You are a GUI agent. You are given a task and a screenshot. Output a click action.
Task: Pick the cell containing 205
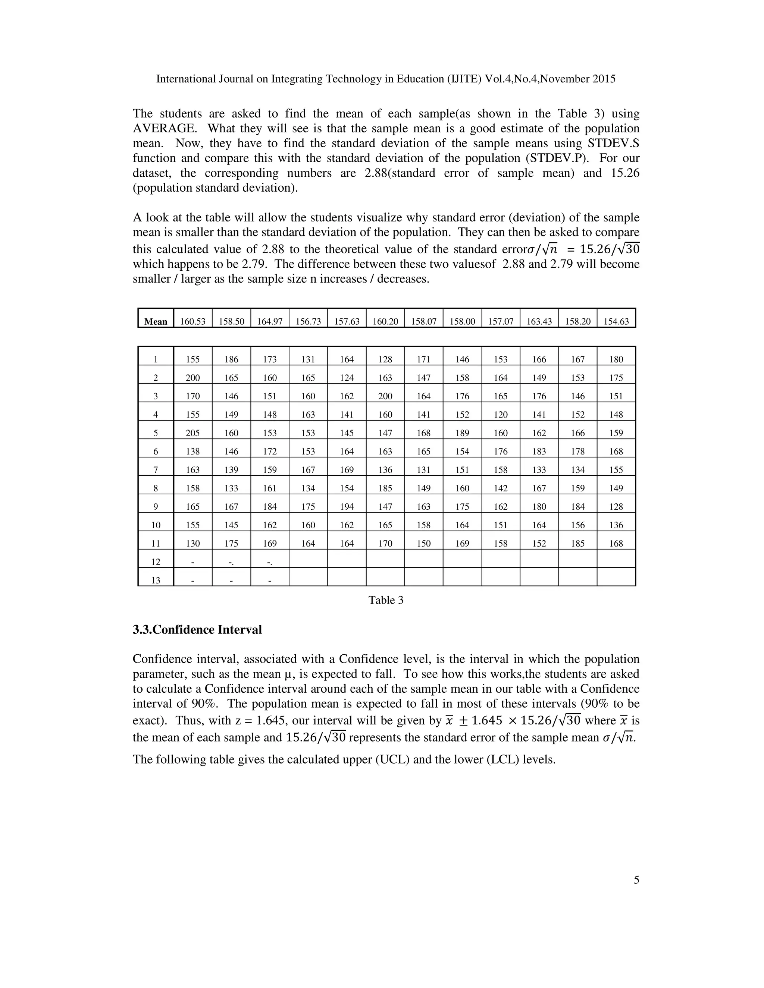(193, 433)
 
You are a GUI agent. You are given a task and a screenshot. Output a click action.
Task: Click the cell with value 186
(231, 359)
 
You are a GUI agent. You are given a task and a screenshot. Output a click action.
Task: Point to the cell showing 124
(347, 378)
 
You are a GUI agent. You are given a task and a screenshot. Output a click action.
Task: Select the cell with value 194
(347, 507)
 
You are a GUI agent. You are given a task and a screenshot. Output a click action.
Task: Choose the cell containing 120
(501, 414)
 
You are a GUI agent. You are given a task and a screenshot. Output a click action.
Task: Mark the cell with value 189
(462, 433)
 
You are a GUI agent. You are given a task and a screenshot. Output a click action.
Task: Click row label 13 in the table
(156, 580)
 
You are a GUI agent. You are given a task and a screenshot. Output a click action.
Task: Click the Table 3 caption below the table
(386, 600)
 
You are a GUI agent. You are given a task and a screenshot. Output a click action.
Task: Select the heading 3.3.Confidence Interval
(197, 630)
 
